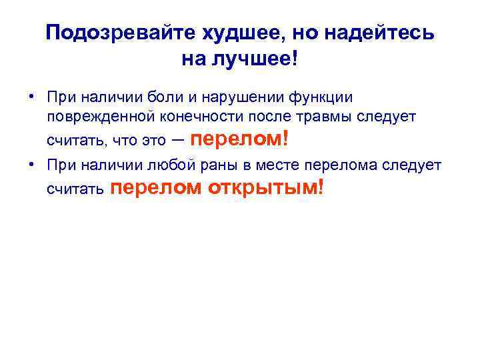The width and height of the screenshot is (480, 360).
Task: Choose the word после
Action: pyautogui.click(x=265, y=117)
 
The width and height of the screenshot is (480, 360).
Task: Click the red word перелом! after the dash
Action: pyautogui.click(x=241, y=139)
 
